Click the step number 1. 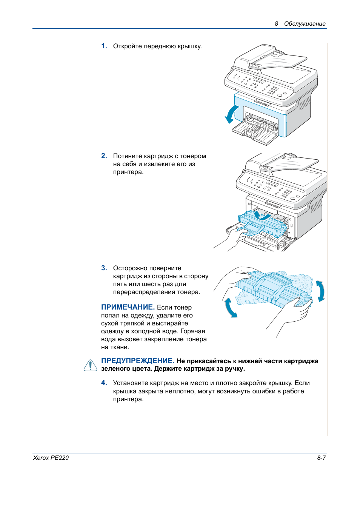click(x=104, y=46)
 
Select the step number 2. click(x=104, y=156)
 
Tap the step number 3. click(x=104, y=268)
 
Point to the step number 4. click(x=104, y=383)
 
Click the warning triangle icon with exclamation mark click(x=91, y=365)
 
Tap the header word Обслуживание click(x=305, y=24)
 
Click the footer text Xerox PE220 click(x=51, y=458)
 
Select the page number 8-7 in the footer click(x=321, y=458)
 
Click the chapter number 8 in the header click(x=276, y=24)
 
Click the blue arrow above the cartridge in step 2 click(x=261, y=216)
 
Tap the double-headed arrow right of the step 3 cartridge click(x=320, y=291)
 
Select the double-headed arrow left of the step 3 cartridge click(x=230, y=308)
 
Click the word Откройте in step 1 click(x=128, y=46)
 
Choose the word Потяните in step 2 click(x=127, y=156)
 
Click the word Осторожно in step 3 click(x=130, y=268)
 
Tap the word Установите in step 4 click(x=131, y=383)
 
